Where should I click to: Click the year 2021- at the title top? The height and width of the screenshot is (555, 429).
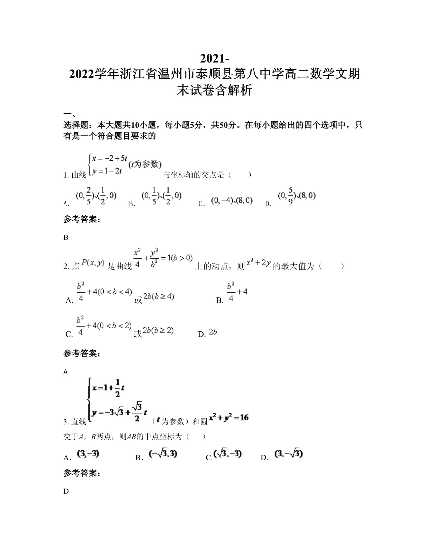click(x=215, y=58)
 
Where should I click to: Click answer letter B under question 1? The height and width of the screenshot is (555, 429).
click(x=66, y=237)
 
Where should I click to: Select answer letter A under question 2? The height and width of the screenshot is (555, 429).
click(x=66, y=372)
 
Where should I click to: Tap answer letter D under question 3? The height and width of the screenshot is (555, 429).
click(x=66, y=491)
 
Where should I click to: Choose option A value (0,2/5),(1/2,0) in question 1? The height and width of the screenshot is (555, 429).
click(x=96, y=195)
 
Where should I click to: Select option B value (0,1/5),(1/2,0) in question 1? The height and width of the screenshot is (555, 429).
click(x=162, y=195)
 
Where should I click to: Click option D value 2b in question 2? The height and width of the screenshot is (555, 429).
click(x=213, y=332)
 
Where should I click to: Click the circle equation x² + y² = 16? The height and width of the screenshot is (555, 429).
click(x=229, y=418)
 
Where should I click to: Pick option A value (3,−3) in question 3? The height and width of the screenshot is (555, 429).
click(x=88, y=454)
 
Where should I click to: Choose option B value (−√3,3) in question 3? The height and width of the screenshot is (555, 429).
click(x=163, y=454)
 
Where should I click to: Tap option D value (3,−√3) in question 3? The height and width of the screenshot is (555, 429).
click(x=289, y=454)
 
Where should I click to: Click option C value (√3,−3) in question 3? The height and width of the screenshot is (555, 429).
click(x=228, y=454)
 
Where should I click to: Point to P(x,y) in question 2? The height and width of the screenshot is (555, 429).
click(x=93, y=263)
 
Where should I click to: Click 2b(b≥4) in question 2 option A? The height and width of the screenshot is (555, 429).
click(x=158, y=297)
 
